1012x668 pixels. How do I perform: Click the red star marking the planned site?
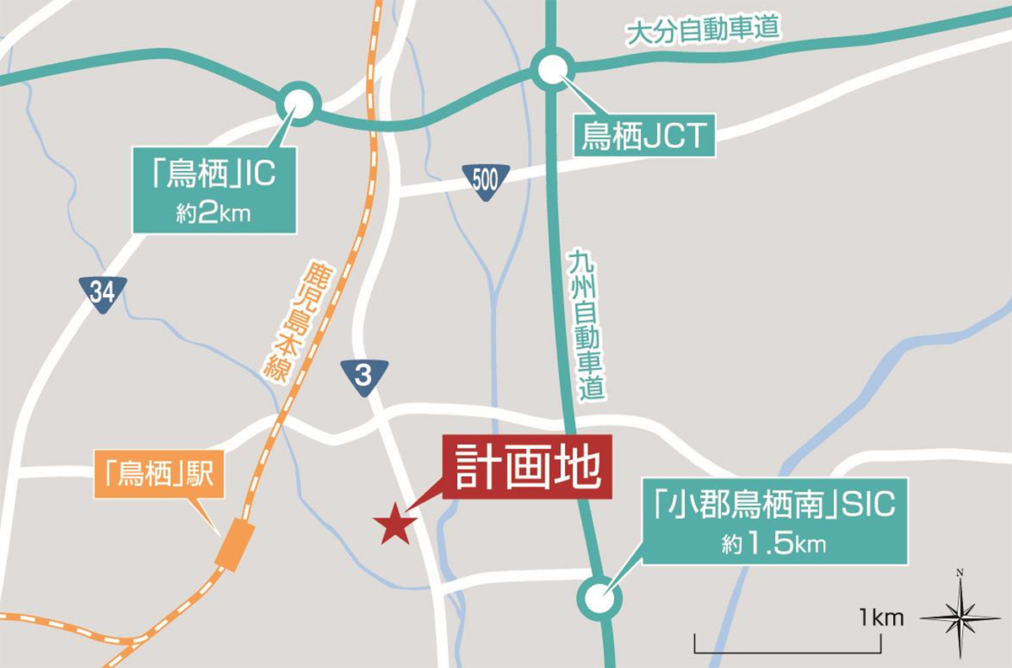[394, 526]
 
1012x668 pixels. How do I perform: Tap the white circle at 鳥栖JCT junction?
[552, 69]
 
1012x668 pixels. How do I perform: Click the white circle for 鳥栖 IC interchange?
[299, 104]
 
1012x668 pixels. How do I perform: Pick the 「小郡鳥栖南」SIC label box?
[774, 521]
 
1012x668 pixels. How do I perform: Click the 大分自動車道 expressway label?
[703, 31]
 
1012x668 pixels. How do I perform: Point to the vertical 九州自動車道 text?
[584, 324]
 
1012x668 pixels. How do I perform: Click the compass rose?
[960, 618]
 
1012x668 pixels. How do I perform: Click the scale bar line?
[788, 650]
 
